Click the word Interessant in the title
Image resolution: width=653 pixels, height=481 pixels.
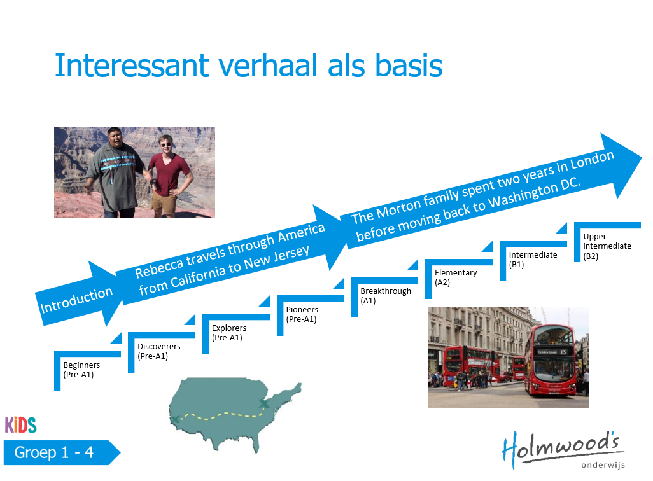tap(132, 66)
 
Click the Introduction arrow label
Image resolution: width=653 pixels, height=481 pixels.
tap(76, 300)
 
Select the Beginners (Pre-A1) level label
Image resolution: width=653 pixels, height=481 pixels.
tap(81, 370)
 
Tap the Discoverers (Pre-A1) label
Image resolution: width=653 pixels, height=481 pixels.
tap(158, 351)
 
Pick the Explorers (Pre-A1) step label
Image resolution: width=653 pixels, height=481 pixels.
tap(228, 333)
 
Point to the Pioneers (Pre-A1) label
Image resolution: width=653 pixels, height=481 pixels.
tap(302, 314)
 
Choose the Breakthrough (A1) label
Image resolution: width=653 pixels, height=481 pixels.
tap(386, 296)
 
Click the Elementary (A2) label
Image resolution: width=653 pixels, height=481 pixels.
tap(456, 277)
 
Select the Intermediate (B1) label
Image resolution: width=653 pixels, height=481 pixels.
tap(533, 260)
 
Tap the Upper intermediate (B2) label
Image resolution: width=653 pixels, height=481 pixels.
tap(607, 246)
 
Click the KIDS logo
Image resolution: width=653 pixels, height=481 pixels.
tap(21, 425)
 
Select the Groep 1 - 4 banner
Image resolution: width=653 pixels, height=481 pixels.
tap(62, 452)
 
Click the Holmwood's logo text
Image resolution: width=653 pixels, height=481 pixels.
tap(563, 448)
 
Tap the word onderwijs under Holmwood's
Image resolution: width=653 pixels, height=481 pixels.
tap(603, 464)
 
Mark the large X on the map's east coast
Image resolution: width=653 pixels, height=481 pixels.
tap(264, 403)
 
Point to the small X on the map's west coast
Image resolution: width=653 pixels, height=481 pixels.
tap(175, 419)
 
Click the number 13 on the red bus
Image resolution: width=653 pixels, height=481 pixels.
tap(563, 352)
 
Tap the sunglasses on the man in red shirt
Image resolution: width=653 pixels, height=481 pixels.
tap(165, 144)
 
